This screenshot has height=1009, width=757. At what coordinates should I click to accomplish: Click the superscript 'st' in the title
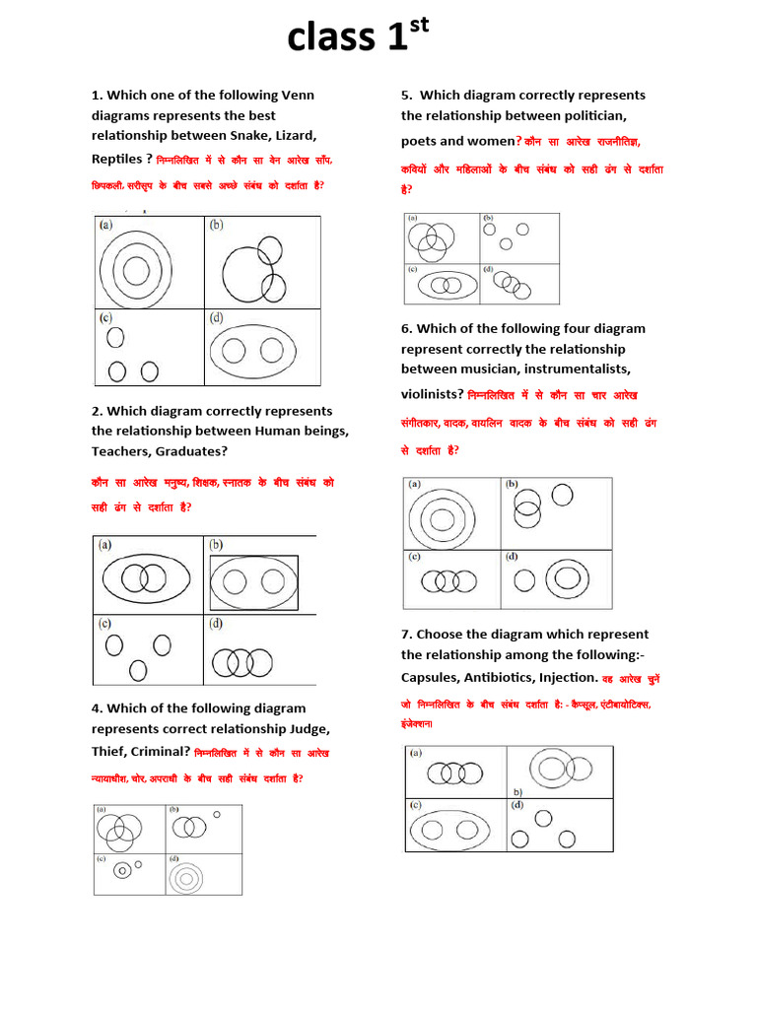pos(419,28)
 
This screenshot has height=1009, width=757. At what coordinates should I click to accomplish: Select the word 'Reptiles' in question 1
pos(117,159)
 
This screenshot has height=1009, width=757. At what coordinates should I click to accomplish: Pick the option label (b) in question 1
pos(216,225)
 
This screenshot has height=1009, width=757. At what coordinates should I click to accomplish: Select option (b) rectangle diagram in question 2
pos(253,582)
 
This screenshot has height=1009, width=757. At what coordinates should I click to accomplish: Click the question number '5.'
pos(406,95)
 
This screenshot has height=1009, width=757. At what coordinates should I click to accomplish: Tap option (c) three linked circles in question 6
pos(448,582)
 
